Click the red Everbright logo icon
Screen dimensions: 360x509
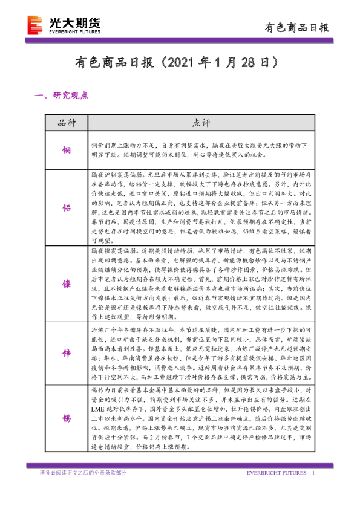click(x=36, y=24)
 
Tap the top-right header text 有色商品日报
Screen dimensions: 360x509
click(x=298, y=27)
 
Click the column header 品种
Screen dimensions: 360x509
click(x=67, y=123)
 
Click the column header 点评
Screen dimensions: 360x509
click(x=201, y=123)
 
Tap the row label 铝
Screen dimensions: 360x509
click(x=67, y=207)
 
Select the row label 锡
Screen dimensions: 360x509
click(x=67, y=418)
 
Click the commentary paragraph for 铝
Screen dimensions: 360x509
click(x=201, y=207)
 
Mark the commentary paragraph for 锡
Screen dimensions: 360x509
click(x=201, y=418)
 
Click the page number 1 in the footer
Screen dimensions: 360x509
click(x=313, y=473)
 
